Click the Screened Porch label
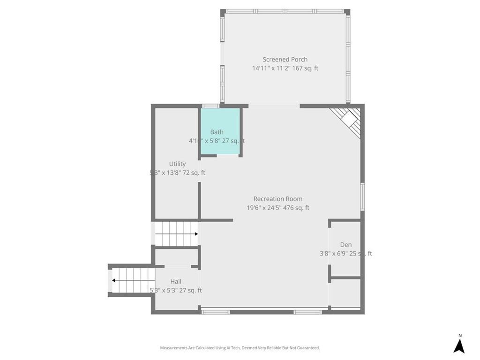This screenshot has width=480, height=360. coord(285,60)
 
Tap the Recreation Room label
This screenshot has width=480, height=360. coord(277,199)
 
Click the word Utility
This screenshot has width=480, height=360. coord(177,164)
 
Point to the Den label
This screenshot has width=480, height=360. coord(346,245)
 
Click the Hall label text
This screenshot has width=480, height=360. coord(176,281)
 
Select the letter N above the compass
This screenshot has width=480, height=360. coord(460,335)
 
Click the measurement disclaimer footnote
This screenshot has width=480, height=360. coord(240,348)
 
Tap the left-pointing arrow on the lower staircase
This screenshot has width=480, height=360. coord(113,280)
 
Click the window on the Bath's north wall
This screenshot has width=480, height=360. coord(210,106)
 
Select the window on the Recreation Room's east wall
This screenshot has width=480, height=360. coord(362,197)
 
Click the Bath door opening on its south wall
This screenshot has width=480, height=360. coord(227,156)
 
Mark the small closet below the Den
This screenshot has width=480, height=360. coord(345,293)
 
